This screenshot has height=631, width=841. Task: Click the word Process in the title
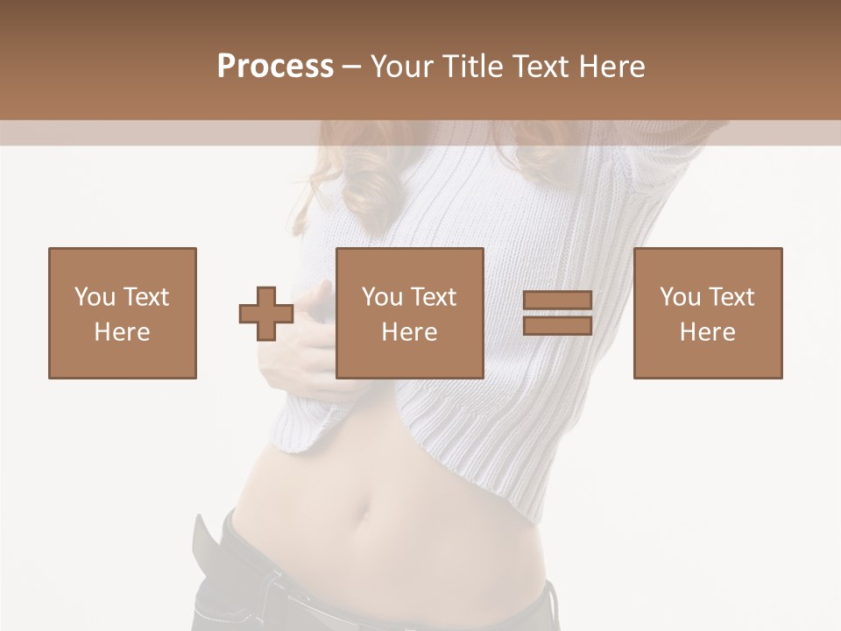point(275,67)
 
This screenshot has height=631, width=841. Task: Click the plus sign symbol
point(266,313)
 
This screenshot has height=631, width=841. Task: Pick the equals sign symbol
point(557,313)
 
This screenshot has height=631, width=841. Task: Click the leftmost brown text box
point(123,313)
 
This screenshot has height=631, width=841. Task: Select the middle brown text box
point(410,313)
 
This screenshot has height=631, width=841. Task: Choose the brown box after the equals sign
point(708,313)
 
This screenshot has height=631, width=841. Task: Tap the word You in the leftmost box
point(94,297)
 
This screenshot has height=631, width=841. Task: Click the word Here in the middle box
point(410,332)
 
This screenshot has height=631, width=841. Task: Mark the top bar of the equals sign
point(557,301)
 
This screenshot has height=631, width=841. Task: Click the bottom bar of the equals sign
point(557,325)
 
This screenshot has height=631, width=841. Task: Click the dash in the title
point(352,67)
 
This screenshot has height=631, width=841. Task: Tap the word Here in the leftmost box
point(123,332)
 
